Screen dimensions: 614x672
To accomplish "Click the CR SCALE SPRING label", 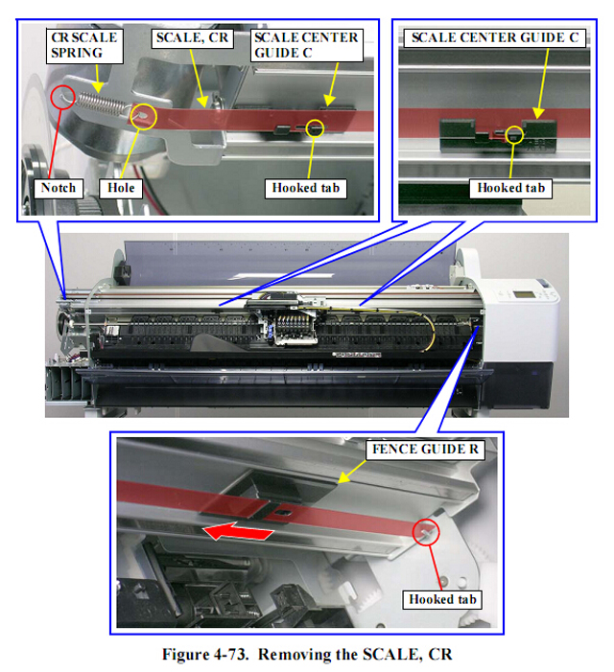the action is [84, 45].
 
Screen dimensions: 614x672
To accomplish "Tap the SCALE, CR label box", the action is [192, 38].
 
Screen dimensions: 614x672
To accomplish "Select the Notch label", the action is [59, 188].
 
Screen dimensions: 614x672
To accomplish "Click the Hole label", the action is [121, 188].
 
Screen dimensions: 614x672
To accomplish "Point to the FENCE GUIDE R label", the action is [425, 450].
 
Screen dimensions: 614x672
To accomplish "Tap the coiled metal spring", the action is [102, 104].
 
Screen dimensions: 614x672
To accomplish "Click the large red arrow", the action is [238, 531].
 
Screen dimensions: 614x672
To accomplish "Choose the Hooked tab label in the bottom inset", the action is [442, 599].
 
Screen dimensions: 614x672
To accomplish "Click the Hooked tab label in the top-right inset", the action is [510, 188].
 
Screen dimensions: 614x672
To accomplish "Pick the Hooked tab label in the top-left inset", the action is [306, 188].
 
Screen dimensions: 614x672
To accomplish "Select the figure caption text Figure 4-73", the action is [205, 655].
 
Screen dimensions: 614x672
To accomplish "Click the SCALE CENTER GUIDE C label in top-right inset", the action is [495, 38].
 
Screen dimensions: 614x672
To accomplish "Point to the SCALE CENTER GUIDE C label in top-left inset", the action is [307, 45].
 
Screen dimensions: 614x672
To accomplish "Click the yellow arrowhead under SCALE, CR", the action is [202, 102].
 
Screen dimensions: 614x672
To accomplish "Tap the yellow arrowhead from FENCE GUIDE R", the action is [343, 478].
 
